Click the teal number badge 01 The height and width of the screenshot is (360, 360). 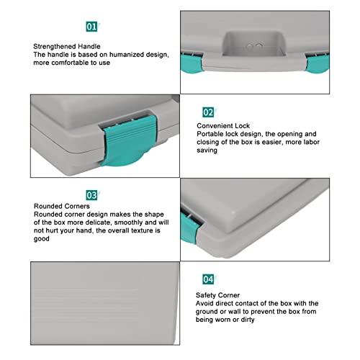(x=91, y=27)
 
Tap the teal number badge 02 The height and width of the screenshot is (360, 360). (x=208, y=112)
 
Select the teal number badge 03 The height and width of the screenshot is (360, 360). (x=91, y=194)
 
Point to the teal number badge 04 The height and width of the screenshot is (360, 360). (x=208, y=278)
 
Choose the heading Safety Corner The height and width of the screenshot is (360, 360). (x=219, y=295)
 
